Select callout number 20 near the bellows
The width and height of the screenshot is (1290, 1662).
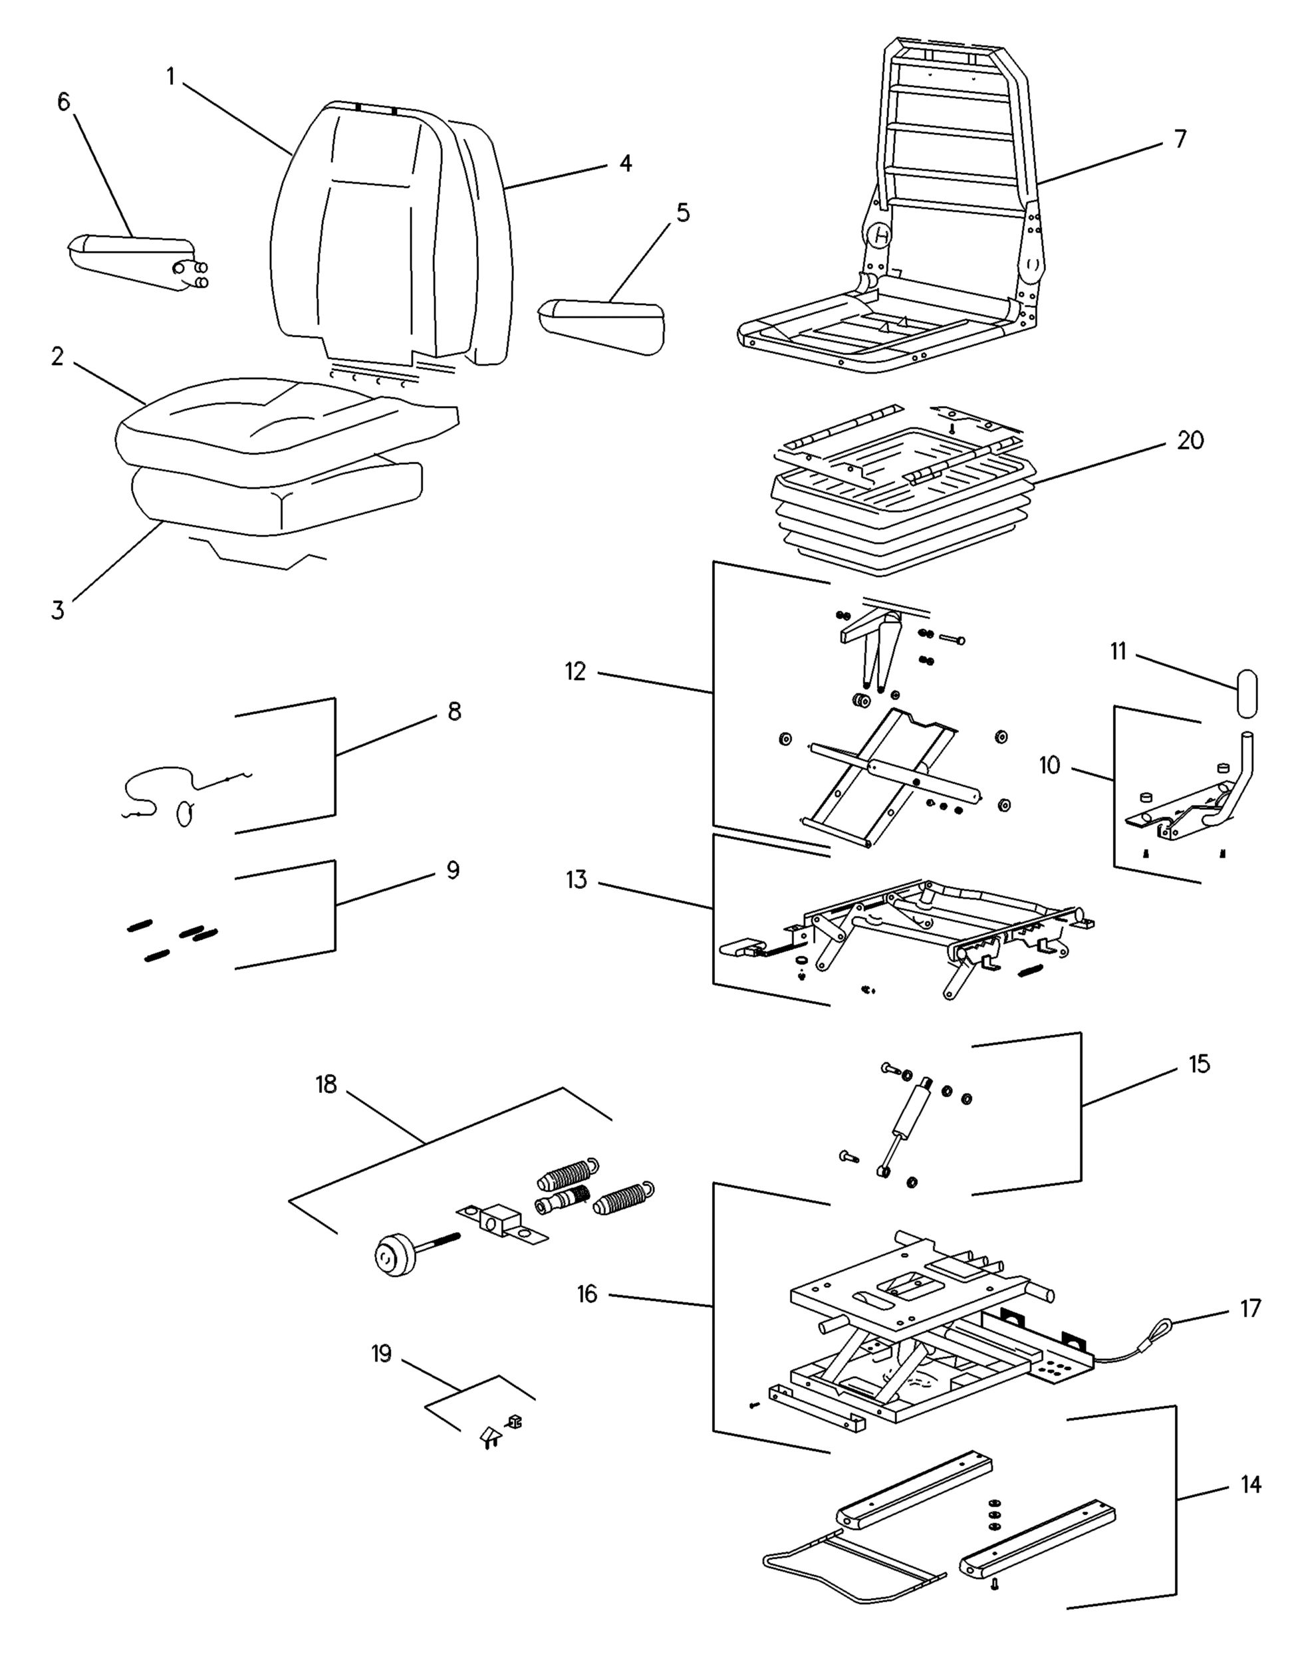pyautogui.click(x=1190, y=441)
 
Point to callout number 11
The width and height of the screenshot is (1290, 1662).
pyautogui.click(x=1118, y=652)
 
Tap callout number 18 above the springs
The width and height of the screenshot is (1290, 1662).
pyautogui.click(x=326, y=1084)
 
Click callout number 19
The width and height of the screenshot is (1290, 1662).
pyautogui.click(x=381, y=1354)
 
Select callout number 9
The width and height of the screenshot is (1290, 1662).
pyautogui.click(x=453, y=870)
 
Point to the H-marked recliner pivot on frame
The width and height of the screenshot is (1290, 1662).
pyautogui.click(x=880, y=236)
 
